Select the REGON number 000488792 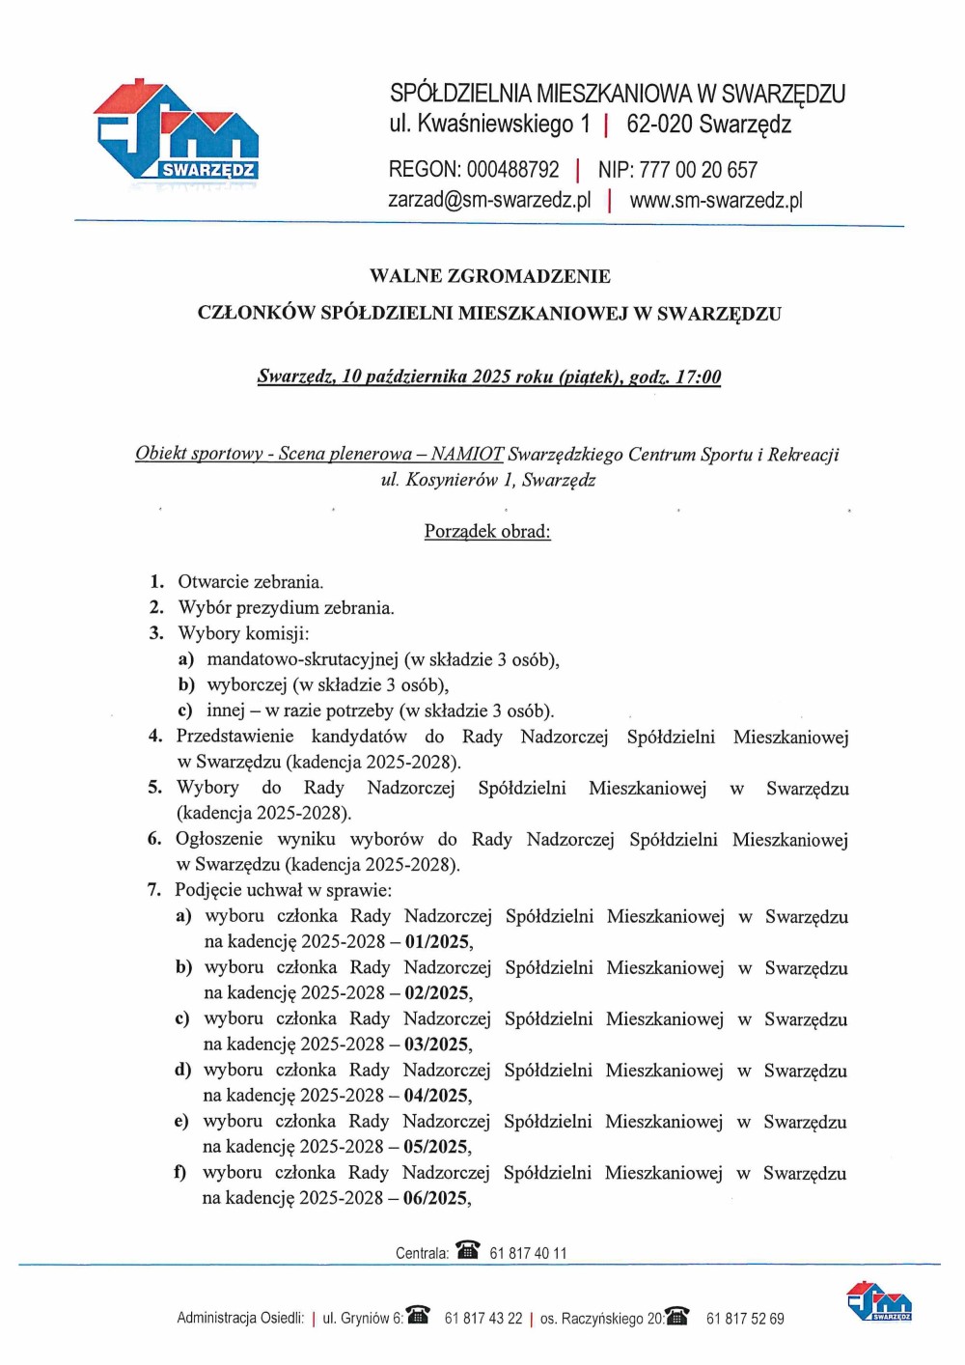(x=512, y=170)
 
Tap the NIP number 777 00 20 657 (x=698, y=170)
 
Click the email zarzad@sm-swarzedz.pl (x=489, y=200)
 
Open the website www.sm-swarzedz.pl (x=716, y=200)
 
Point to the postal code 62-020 (x=659, y=125)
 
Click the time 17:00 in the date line (x=698, y=376)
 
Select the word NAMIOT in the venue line (x=467, y=454)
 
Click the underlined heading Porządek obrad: (x=487, y=531)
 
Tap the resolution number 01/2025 (x=438, y=941)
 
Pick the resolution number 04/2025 (x=437, y=1095)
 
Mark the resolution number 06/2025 (x=436, y=1198)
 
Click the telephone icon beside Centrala (x=468, y=1250)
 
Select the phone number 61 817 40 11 (x=528, y=1253)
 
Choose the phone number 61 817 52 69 (x=745, y=1318)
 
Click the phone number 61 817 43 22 (x=482, y=1318)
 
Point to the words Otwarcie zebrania (x=251, y=582)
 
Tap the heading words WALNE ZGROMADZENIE (x=489, y=276)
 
